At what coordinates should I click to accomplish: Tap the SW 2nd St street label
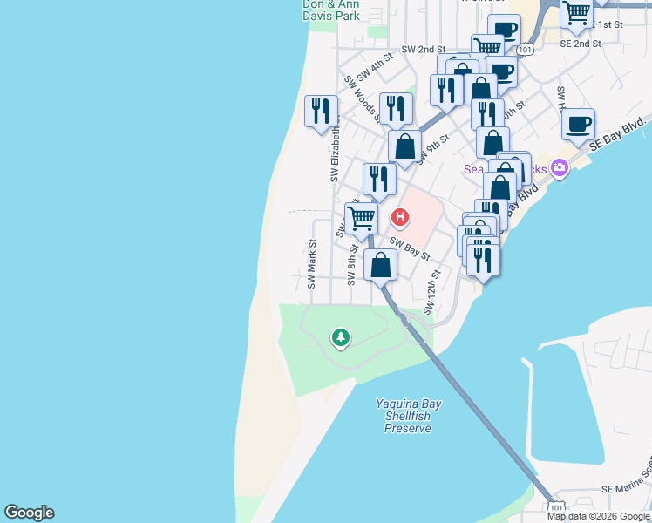[424, 51]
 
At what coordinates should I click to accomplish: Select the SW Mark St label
[311, 265]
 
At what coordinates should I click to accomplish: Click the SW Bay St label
[410, 248]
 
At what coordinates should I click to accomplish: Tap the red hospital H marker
[400, 216]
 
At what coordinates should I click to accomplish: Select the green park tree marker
[340, 336]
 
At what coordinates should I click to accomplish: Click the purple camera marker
[559, 169]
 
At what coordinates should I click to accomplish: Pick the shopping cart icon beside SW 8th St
[361, 219]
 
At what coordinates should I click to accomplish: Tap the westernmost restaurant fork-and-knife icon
[321, 111]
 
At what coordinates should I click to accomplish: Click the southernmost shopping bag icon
[380, 265]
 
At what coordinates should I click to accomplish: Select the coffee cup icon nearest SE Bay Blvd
[578, 124]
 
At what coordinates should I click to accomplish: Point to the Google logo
[29, 513]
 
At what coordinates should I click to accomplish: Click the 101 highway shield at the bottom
[556, 507]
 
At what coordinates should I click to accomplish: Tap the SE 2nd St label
[581, 43]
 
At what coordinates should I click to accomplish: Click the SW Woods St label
[362, 101]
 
